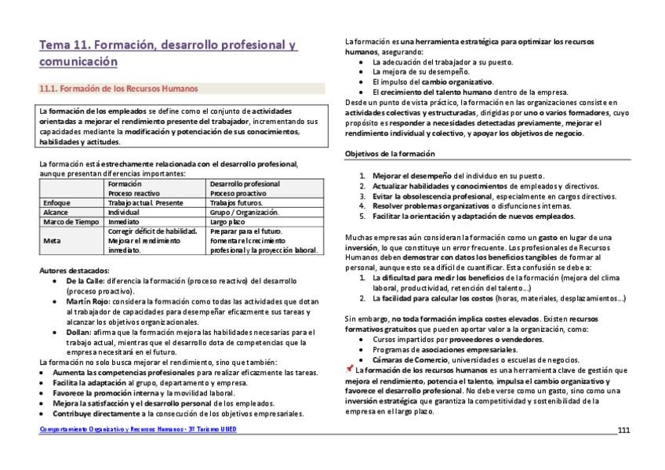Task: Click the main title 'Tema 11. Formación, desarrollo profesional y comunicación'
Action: pyautogui.click(x=168, y=53)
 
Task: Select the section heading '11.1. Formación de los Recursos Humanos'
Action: pyautogui.click(x=118, y=89)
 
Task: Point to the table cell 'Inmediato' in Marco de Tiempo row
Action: pyautogui.click(x=124, y=221)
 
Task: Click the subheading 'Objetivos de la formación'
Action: pyautogui.click(x=390, y=154)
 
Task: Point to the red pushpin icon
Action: pyautogui.click(x=349, y=369)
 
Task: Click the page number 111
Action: pyautogui.click(x=623, y=431)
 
